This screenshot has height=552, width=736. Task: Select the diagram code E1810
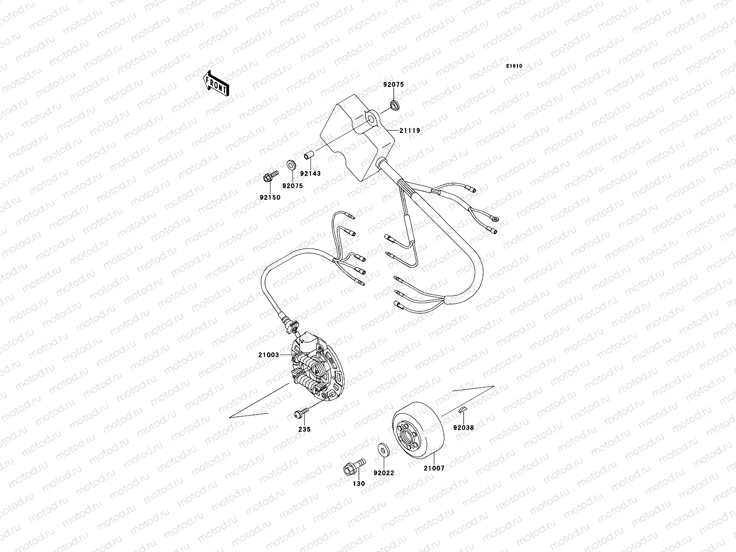coord(515,66)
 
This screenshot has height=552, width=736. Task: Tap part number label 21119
coord(409,131)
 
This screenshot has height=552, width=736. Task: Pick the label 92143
coord(310,173)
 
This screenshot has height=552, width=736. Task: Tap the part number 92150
coord(270,197)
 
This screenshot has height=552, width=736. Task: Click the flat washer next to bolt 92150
coord(291,164)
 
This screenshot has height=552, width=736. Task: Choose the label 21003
coord(268,355)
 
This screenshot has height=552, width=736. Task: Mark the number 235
coord(305,429)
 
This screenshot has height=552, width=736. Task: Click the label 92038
coord(463,427)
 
